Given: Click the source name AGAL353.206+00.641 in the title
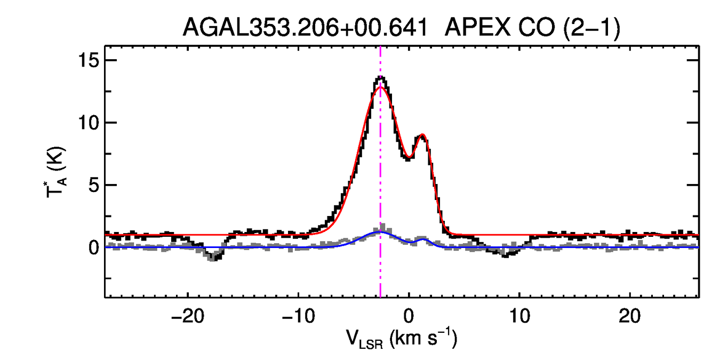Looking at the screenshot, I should (306, 28).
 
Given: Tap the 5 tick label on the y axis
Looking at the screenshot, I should (93, 186).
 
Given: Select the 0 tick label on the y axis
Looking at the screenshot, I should (93, 248).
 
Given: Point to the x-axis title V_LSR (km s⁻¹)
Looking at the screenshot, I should (401, 339).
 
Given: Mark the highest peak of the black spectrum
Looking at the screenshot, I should (380, 78).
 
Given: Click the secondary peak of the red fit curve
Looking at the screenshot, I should (422, 135).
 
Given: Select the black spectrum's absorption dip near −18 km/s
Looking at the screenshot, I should (213, 259).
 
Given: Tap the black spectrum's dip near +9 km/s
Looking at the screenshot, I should (506, 255).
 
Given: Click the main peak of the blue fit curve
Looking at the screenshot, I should (380, 233).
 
